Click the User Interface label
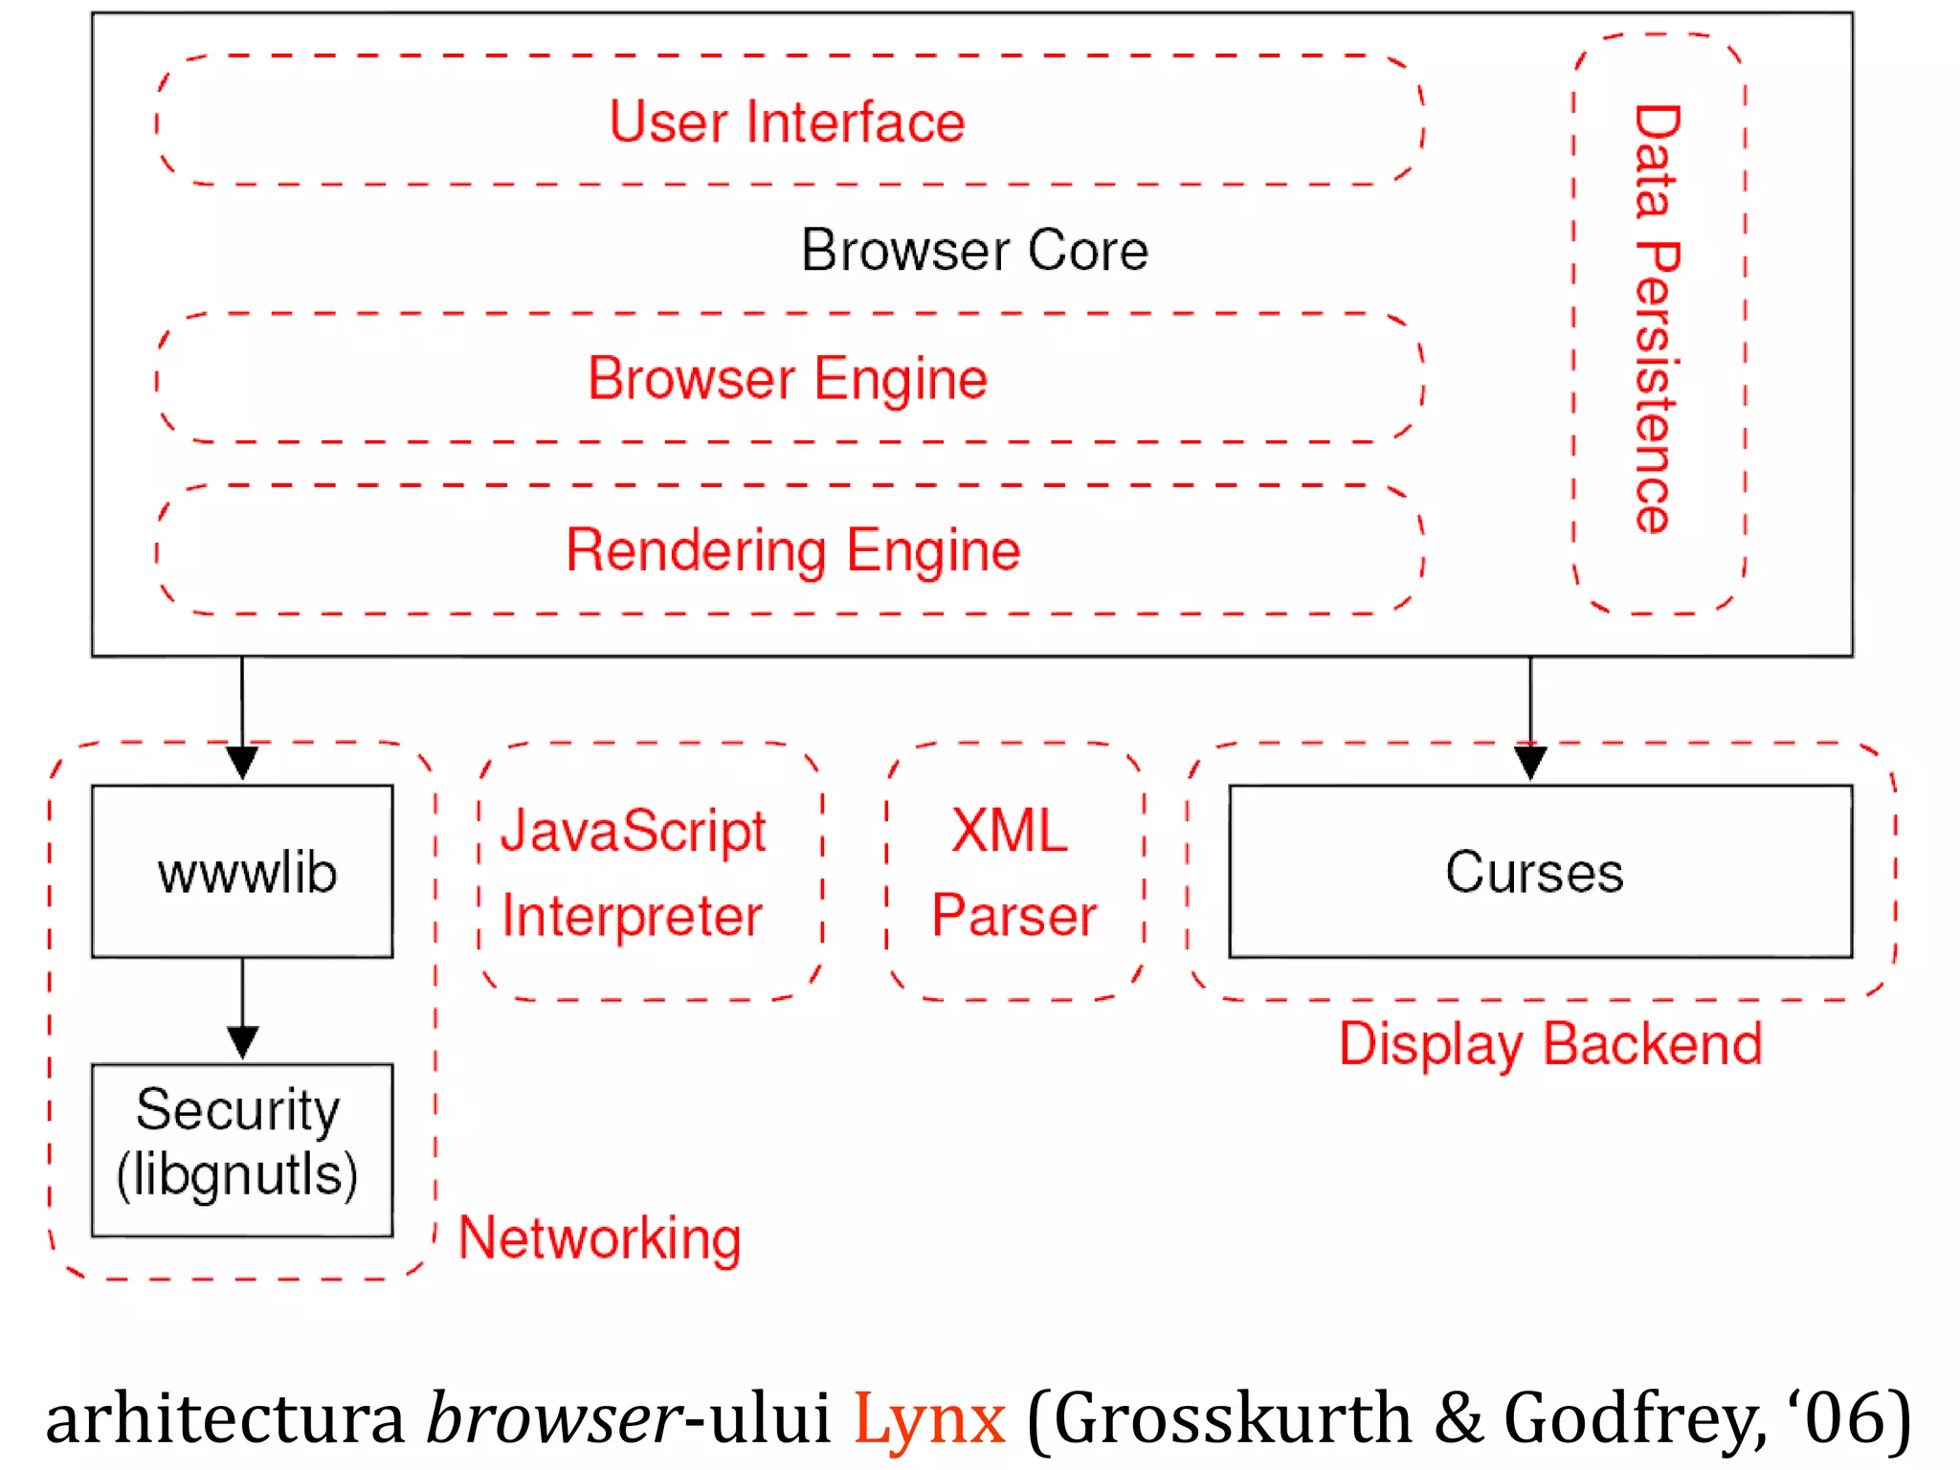[x=787, y=122]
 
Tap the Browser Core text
[x=974, y=251]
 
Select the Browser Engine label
[x=787, y=379]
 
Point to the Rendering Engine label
[x=792, y=550]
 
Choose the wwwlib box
[x=243, y=872]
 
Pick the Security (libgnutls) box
[x=243, y=1149]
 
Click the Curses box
[x=1540, y=872]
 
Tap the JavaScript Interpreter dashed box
[x=651, y=872]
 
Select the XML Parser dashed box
[x=1014, y=872]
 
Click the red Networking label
[x=600, y=1238]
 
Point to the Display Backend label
[x=1550, y=1044]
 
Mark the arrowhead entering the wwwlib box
[x=243, y=764]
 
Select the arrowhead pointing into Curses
[x=1530, y=764]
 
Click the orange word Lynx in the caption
[x=928, y=1418]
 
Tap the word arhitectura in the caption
[x=226, y=1418]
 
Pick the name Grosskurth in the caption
[x=1233, y=1418]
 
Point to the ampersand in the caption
[x=1458, y=1418]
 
